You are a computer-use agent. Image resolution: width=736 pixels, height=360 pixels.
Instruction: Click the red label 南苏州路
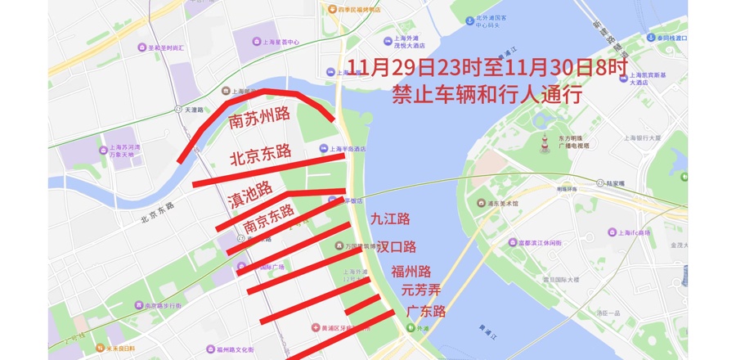(x=260, y=119)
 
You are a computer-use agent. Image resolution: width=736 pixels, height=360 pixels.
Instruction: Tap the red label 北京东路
(x=261, y=153)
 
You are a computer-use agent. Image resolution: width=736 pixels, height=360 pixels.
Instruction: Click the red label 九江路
(x=389, y=219)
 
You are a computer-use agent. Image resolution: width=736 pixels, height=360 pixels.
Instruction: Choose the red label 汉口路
(x=397, y=246)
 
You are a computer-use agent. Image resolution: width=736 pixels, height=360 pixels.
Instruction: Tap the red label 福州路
(x=411, y=272)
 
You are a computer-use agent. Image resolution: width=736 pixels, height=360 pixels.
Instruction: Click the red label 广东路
(x=425, y=312)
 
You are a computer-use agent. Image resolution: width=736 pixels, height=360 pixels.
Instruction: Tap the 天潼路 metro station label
(x=194, y=110)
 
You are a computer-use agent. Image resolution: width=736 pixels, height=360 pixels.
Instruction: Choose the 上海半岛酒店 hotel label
(x=346, y=149)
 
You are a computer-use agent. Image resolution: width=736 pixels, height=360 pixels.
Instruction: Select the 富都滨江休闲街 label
(x=538, y=243)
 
